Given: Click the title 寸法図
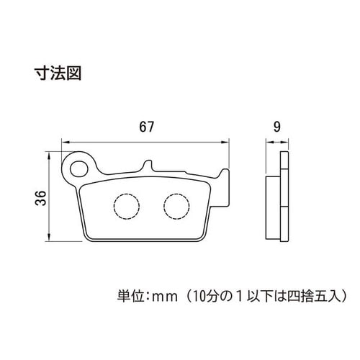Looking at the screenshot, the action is point(58,73).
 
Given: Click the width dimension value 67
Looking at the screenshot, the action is point(146,127).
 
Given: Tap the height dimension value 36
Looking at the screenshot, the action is point(40,198).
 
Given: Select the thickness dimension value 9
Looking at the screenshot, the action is point(276,127).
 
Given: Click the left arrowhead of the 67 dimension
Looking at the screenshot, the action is point(66,143).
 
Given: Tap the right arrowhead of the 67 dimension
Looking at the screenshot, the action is point(225,143).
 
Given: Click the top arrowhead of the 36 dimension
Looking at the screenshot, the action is point(49,156).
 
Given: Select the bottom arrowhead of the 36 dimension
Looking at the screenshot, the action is point(49,237).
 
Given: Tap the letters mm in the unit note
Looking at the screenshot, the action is point(166,297).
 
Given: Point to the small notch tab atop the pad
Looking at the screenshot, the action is point(148,166).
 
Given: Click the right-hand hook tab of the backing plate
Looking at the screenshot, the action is point(225,187).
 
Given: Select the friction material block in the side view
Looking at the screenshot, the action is point(273,208).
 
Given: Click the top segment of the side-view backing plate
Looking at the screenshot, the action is point(284,161).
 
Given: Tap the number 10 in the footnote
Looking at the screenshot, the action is point(198,297).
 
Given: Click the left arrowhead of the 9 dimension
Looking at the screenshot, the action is point(270,143).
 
